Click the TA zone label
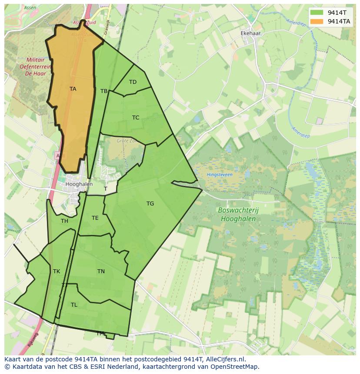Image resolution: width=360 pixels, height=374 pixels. pyautogui.click(x=73, y=89)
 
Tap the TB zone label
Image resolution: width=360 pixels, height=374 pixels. pyautogui.click(x=104, y=91)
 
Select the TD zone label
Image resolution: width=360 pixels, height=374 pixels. pyautogui.click(x=133, y=82)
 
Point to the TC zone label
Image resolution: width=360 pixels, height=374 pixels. pyautogui.click(x=136, y=118)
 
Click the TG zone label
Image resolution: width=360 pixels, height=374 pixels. pyautogui.click(x=150, y=204)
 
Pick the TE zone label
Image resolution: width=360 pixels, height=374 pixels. pyautogui.click(x=95, y=218)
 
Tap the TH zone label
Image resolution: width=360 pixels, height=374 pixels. pyautogui.click(x=64, y=221)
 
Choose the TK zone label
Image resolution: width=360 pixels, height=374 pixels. pyautogui.click(x=57, y=271)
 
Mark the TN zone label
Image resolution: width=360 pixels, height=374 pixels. pyautogui.click(x=101, y=271)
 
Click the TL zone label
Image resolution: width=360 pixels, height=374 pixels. pyautogui.click(x=74, y=305)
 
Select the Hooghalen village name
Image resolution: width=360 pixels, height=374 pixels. pyautogui.click(x=79, y=184)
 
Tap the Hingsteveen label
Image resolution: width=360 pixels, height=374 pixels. pyautogui.click(x=220, y=175)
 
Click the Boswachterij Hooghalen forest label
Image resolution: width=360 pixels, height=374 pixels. pyautogui.click(x=238, y=215)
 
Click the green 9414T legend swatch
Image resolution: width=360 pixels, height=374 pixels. pyautogui.click(x=317, y=13)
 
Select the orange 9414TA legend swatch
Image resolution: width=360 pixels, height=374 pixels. pyautogui.click(x=317, y=21)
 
